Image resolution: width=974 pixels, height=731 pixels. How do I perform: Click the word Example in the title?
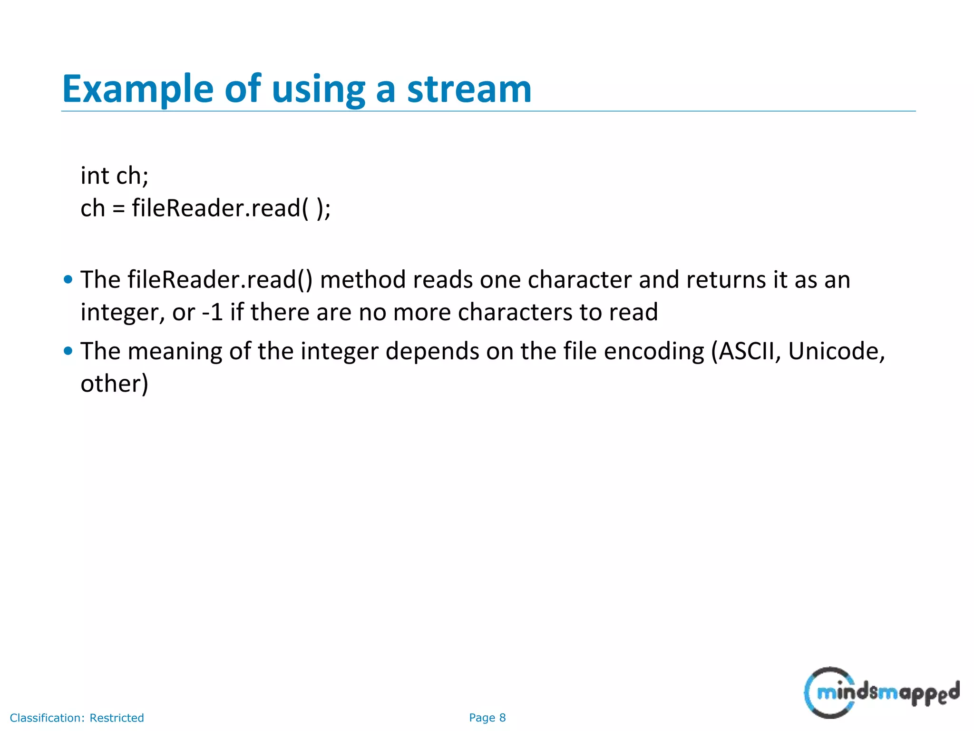point(138,89)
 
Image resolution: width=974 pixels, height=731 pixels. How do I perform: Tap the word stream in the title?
point(469,89)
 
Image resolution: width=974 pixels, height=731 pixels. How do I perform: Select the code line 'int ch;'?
point(115,176)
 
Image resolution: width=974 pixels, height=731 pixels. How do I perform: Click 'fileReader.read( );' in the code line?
point(231,208)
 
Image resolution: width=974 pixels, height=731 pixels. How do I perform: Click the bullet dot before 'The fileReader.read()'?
point(68,279)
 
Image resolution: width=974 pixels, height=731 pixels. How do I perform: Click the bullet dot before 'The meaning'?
point(68,351)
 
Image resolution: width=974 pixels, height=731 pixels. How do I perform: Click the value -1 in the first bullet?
point(213,312)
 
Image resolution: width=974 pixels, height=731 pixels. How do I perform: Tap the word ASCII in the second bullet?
point(746,352)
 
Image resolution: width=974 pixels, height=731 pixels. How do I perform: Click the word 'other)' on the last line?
point(115,384)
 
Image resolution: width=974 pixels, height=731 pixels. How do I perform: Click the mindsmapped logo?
point(882,692)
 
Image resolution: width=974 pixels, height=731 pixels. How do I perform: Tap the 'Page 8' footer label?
point(487,718)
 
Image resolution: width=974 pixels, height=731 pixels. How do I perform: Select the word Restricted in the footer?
point(117,718)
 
